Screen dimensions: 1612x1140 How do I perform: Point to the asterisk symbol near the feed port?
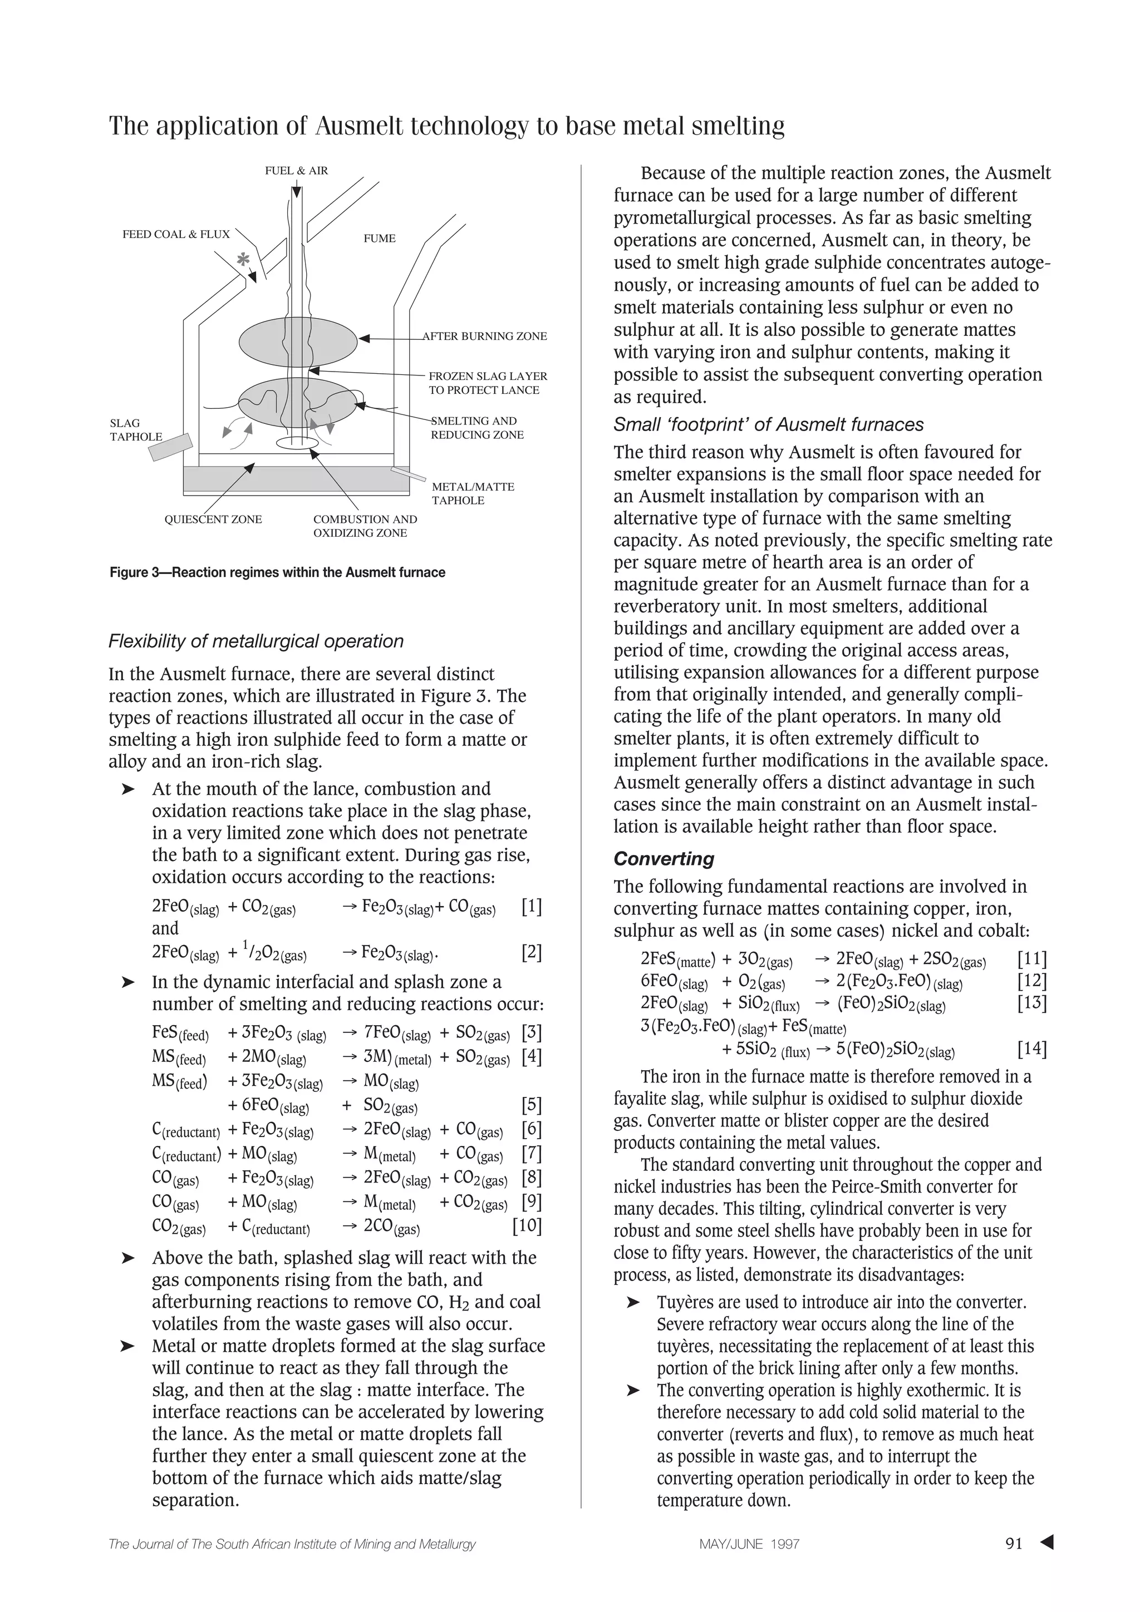pos(244,260)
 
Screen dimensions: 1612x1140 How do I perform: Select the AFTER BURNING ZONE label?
pos(485,337)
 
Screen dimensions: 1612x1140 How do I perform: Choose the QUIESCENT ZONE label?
pos(213,520)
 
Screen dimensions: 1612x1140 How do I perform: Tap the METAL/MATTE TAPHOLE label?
pos(472,493)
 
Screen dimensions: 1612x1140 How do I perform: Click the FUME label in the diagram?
pos(379,239)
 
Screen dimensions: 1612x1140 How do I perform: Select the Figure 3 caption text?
pos(277,573)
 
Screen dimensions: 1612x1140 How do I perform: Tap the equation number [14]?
pos(1032,1050)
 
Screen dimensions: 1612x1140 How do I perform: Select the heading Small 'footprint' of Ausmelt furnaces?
pos(768,425)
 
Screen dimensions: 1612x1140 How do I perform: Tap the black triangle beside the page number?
pos(1046,1542)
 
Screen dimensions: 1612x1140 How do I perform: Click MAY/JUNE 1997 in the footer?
pos(749,1545)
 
